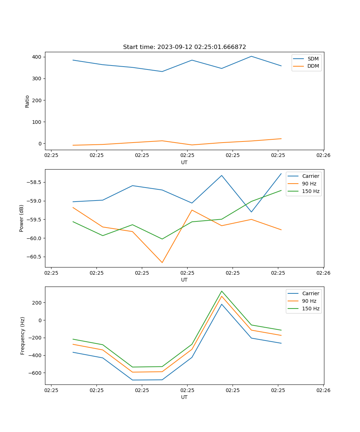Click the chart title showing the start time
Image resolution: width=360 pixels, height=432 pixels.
[184, 47]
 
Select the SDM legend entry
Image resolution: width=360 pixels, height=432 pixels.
[313, 59]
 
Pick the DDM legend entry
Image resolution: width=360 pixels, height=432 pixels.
[313, 66]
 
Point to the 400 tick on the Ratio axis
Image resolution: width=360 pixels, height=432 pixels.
[37, 57]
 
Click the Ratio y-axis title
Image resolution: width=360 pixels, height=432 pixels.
[27, 101]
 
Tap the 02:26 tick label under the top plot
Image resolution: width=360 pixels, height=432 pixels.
[323, 156]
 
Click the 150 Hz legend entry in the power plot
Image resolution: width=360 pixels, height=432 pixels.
[311, 191]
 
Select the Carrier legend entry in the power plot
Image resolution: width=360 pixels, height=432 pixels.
[310, 176]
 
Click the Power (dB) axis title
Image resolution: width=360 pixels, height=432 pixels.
[22, 218]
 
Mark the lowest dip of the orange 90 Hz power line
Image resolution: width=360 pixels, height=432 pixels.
[162, 262]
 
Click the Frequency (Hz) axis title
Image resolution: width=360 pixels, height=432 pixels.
[22, 336]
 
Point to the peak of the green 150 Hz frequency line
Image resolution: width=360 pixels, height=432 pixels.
[222, 291]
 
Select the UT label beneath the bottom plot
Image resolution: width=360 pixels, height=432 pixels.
[184, 397]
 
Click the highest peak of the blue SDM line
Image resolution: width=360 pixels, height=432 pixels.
[251, 56]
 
